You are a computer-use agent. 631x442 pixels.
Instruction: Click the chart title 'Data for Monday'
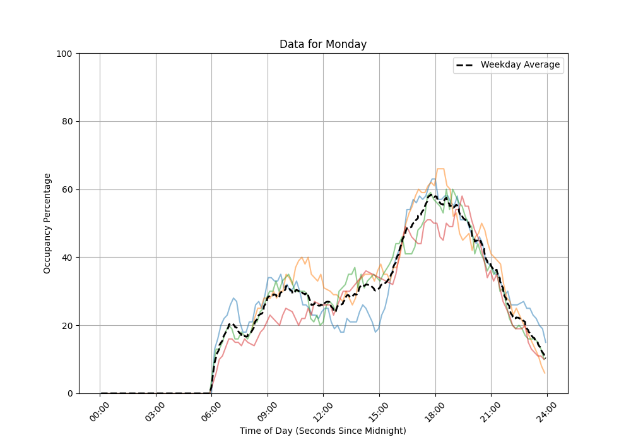[323, 44]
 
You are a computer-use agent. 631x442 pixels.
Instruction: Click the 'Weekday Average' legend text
[520, 65]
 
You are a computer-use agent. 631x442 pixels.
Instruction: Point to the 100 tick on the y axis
[64, 54]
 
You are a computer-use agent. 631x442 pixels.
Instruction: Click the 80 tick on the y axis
[66, 122]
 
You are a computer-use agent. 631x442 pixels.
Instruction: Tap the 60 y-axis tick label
[66, 189]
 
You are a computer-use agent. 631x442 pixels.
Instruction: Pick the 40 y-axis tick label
[66, 258]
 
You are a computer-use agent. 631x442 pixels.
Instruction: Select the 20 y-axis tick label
[66, 326]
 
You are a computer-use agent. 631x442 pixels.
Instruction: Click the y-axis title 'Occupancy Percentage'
[47, 224]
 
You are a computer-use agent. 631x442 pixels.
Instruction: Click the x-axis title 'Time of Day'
[323, 431]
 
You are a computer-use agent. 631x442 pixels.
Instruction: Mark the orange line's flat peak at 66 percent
[440, 169]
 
